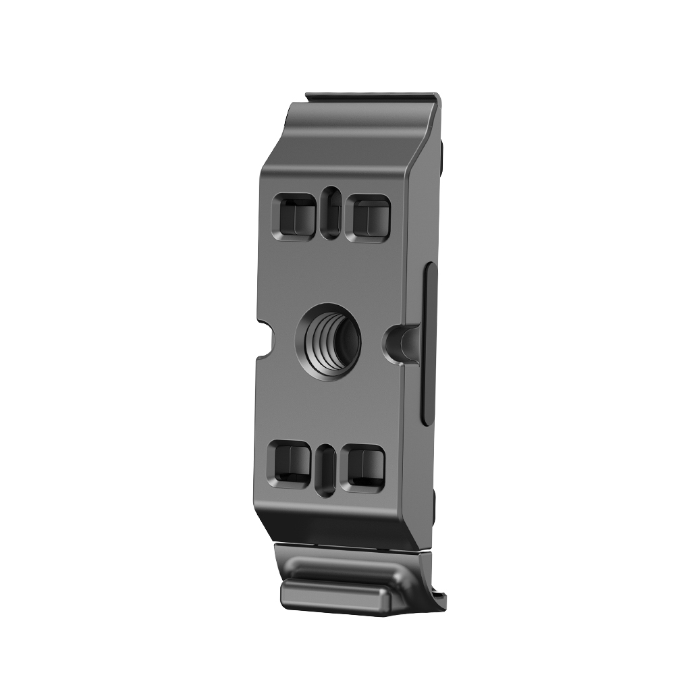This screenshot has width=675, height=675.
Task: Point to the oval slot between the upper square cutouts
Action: tap(330, 213)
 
